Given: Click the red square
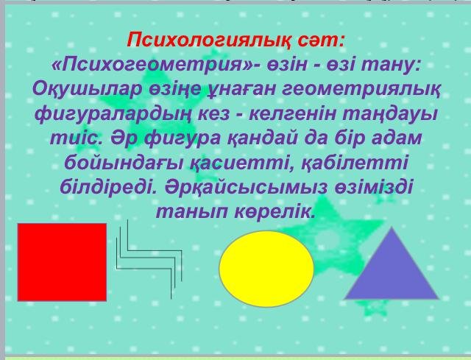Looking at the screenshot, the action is pos(62,262).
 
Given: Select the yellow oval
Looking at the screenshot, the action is pos(266,269).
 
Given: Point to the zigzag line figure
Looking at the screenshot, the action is pos(149,259).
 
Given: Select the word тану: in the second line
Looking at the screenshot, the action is pos(390,66).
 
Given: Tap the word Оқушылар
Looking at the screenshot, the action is pos(87,90).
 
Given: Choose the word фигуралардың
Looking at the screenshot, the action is pos(113,115).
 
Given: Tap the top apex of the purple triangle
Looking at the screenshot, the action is pos(392,227).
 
